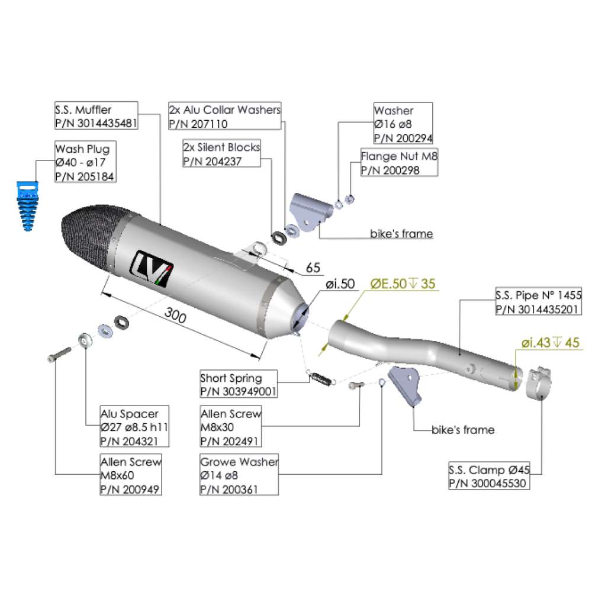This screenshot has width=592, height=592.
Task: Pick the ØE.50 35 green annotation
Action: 403,284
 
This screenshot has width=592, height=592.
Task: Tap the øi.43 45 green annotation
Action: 550,342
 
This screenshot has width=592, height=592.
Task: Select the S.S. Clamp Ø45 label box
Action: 488,477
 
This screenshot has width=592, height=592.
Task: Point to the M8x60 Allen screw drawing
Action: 58,354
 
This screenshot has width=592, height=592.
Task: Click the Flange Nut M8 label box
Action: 399,163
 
